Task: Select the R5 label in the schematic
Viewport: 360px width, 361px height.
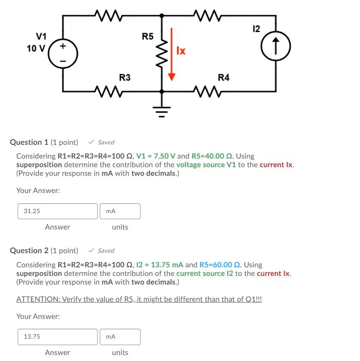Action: [x=148, y=36]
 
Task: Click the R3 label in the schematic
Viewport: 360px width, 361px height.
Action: [x=125, y=77]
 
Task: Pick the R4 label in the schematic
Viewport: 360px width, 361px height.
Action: [x=224, y=77]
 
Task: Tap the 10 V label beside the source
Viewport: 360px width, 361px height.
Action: [x=35, y=48]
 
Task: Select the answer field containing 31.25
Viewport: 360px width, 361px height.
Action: [x=58, y=211]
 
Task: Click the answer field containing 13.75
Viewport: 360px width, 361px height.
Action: [x=58, y=337]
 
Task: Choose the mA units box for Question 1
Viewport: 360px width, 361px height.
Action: [x=120, y=211]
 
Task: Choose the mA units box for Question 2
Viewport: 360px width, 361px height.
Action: [x=120, y=337]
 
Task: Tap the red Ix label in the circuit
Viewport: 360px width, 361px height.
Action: [x=181, y=51]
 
